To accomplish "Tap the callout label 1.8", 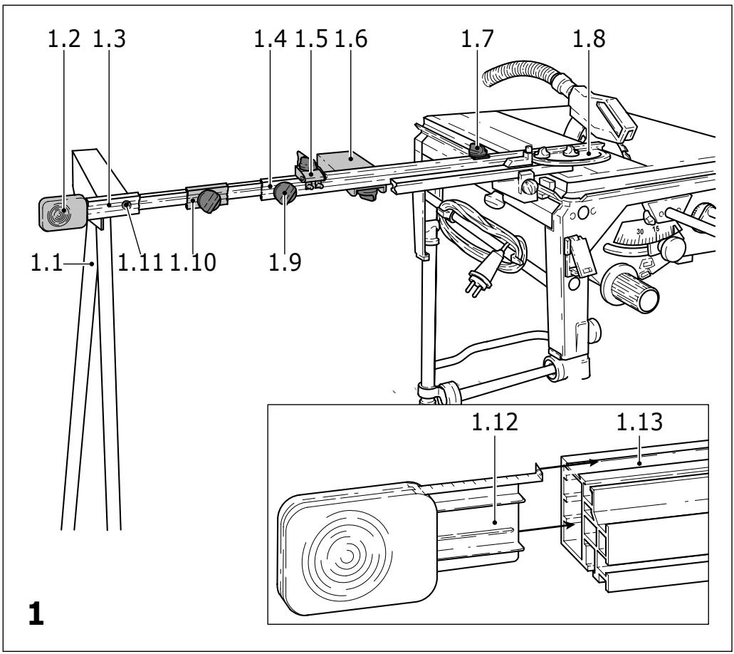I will click(x=589, y=41).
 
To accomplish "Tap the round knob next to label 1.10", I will click(x=209, y=202).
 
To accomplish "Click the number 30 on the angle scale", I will click(x=640, y=232).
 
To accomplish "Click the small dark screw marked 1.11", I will click(x=127, y=205).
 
